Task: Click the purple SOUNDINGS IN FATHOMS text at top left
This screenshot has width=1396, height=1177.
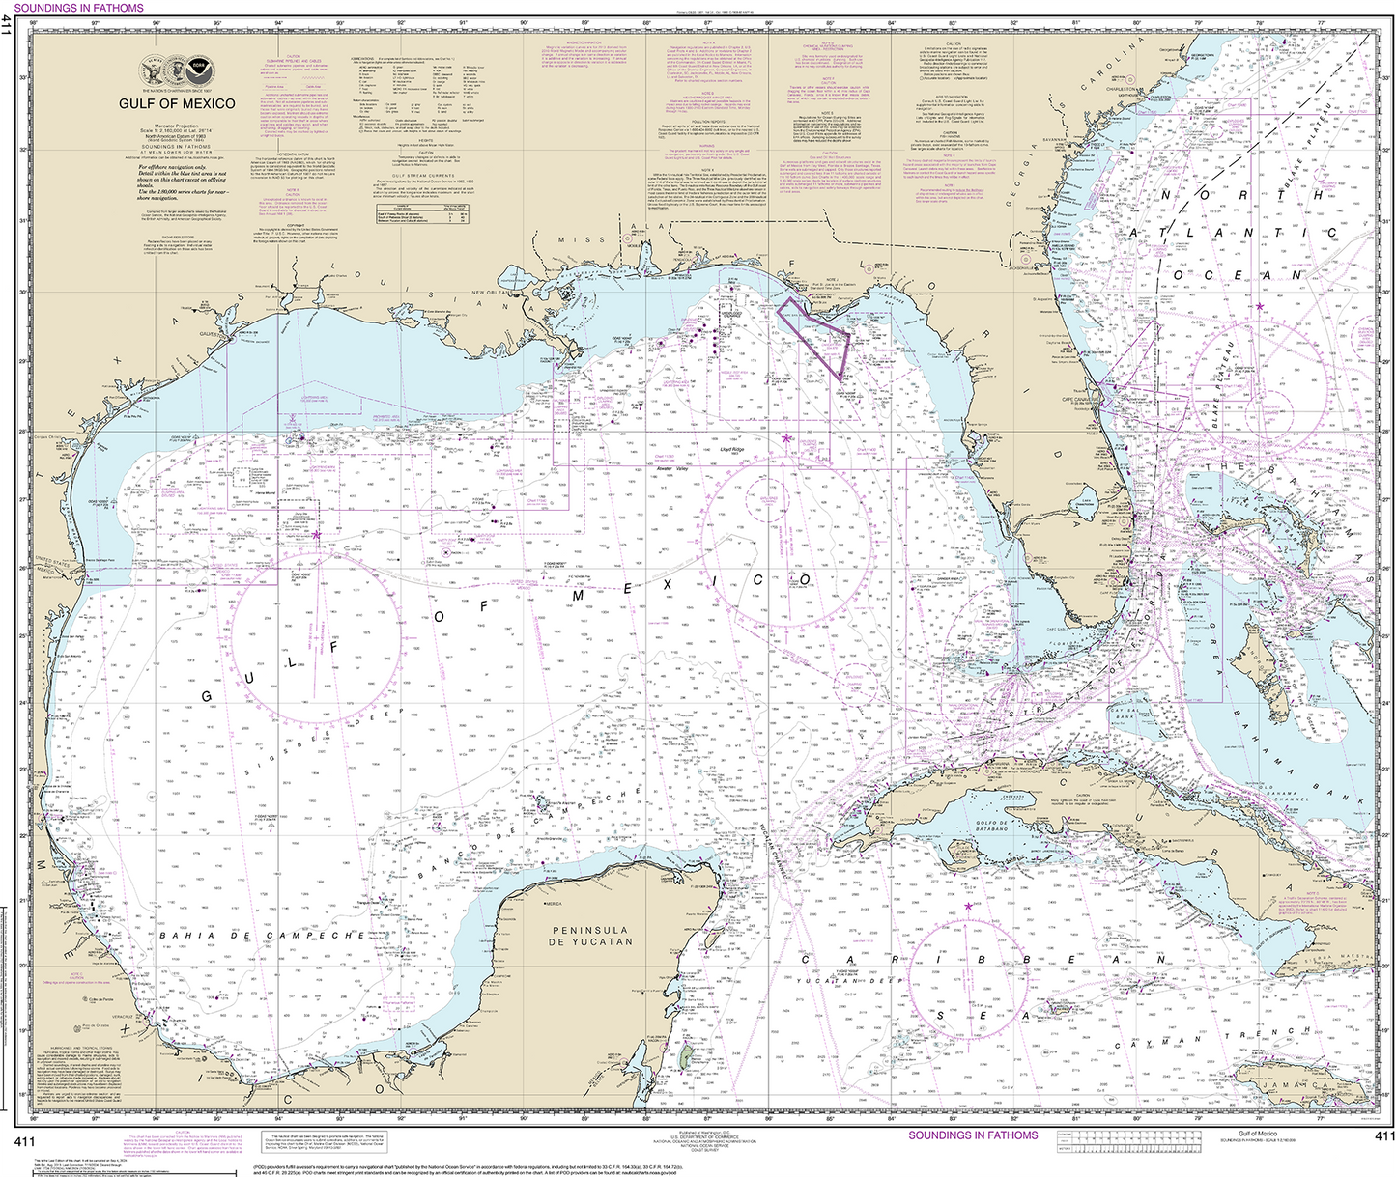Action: point(78,7)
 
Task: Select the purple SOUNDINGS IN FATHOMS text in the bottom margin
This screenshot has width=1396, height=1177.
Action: point(973,1135)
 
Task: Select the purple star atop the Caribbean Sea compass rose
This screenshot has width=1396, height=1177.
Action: point(968,907)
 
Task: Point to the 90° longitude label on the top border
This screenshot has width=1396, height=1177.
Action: point(524,22)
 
